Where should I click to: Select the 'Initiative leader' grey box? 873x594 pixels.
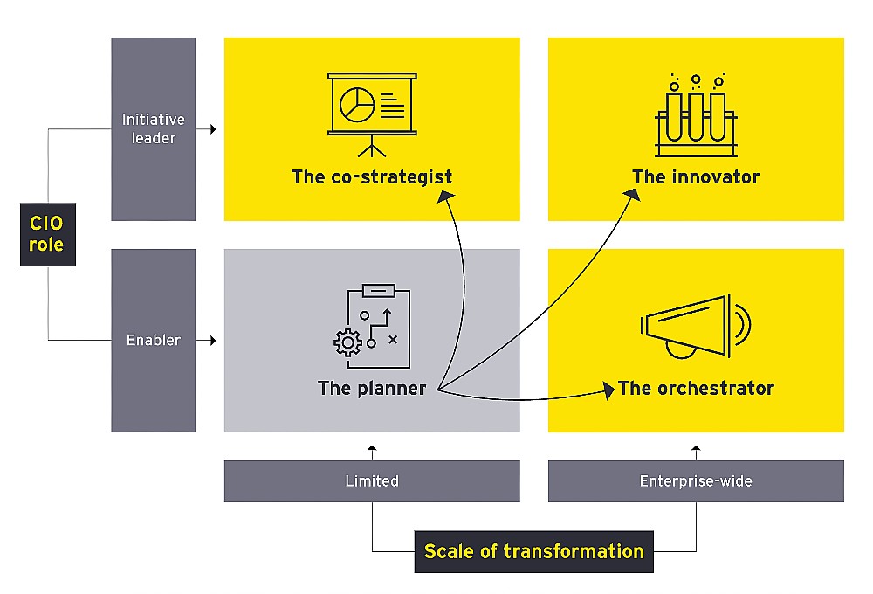pos(153,128)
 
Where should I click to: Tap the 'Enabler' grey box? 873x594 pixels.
pos(153,340)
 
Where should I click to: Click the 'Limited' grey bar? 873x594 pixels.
pos(372,481)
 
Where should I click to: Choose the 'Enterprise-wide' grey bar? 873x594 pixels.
pos(696,481)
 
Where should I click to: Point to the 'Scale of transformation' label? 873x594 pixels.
pos(533,551)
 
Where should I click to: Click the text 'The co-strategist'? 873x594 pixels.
pos(372,177)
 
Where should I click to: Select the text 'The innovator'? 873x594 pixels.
pos(696,177)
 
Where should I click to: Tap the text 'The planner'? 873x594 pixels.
pos(372,388)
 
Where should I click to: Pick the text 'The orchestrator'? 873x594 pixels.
pos(696,388)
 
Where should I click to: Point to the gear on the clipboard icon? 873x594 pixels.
pos(347,342)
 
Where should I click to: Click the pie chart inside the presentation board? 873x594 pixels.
pos(356,105)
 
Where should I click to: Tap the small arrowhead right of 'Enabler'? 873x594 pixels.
pos(212,340)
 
